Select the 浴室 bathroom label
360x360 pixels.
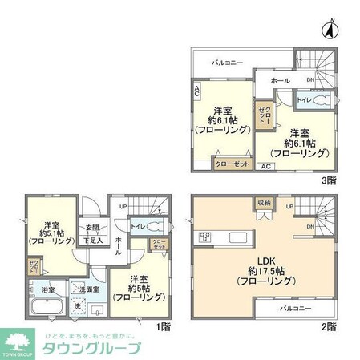tap(48, 289)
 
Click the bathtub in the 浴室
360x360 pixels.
tap(46, 308)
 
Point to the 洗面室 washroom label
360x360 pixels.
tap(89, 289)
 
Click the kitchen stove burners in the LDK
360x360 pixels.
tap(205, 236)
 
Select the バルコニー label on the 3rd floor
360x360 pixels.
tap(229, 61)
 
